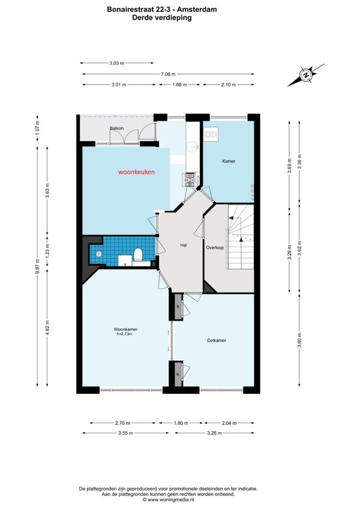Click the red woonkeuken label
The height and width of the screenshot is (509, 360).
[x=136, y=172]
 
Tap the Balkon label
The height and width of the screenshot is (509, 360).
[x=116, y=128]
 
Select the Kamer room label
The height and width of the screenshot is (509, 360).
[x=229, y=161]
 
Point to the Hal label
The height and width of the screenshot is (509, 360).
[x=184, y=245]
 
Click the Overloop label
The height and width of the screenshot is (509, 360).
[x=215, y=248]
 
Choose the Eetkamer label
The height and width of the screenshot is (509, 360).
[x=217, y=340]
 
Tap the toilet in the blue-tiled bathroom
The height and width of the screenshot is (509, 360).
[x=138, y=254]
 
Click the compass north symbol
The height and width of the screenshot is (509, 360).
[x=305, y=75]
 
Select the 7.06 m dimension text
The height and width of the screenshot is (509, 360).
[x=168, y=74]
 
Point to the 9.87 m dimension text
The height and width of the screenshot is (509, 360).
[x=37, y=266]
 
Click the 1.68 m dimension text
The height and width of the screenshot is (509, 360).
[x=179, y=85]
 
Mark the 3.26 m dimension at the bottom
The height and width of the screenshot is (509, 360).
[x=214, y=433]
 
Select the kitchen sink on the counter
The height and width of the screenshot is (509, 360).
[x=194, y=146]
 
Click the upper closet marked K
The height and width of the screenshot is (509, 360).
[x=178, y=307]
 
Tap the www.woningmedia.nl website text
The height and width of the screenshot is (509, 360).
[x=168, y=500]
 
